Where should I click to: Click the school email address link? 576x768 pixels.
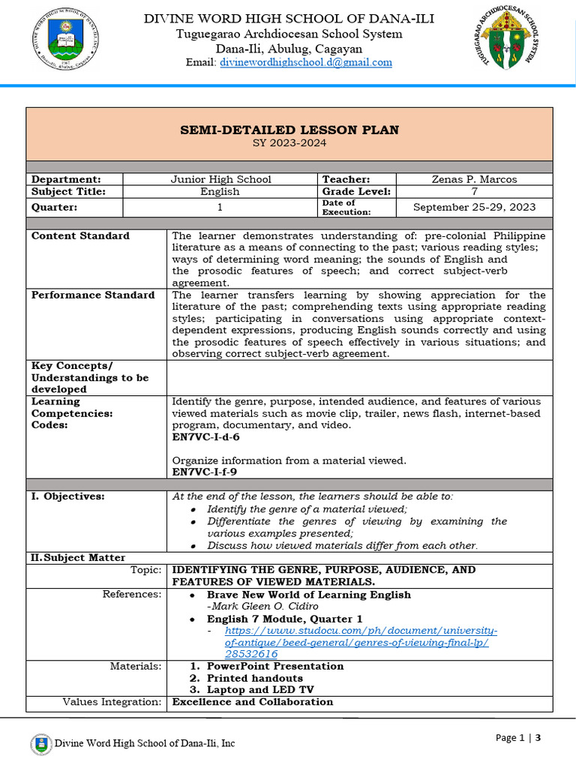306,62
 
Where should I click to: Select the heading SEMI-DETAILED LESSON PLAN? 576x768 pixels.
289,130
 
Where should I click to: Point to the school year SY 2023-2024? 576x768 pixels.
289,143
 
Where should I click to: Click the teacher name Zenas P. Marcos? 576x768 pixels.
474,179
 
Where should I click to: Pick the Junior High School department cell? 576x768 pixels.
220,179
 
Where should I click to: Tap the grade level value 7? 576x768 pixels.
474,191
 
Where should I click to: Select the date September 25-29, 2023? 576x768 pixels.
474,207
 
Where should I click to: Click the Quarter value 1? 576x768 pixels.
220,207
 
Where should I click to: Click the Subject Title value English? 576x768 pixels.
220,191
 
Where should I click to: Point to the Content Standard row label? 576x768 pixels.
80,235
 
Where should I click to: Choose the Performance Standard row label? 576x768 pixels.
93,295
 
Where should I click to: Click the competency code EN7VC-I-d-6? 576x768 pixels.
206,436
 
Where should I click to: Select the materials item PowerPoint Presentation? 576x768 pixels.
275,666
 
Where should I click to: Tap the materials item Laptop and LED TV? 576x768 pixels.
260,690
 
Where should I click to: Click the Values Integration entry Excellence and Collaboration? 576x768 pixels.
253,702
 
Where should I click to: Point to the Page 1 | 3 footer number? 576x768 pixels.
518,738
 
